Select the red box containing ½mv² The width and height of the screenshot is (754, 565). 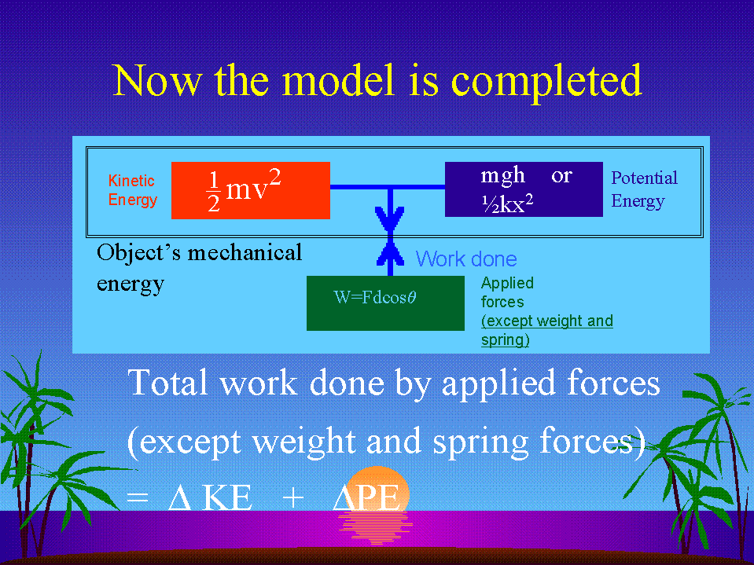[x=251, y=190]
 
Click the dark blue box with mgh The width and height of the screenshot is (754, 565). [x=524, y=189]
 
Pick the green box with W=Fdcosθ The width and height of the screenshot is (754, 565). [x=386, y=303]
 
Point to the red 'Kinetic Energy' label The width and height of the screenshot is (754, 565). [x=132, y=190]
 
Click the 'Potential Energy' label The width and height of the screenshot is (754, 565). [x=645, y=189]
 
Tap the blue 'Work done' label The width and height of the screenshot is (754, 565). [x=466, y=259]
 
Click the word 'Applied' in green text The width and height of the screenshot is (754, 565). [x=507, y=283]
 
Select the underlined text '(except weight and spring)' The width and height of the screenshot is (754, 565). [x=546, y=330]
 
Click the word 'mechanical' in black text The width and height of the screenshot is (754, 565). [x=245, y=253]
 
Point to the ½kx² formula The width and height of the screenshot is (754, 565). [x=507, y=204]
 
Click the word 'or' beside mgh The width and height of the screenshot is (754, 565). [x=561, y=176]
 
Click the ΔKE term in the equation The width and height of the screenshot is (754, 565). [x=210, y=498]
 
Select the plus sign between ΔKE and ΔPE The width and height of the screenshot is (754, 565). [x=292, y=498]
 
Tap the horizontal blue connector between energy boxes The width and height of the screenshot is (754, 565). [x=388, y=187]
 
